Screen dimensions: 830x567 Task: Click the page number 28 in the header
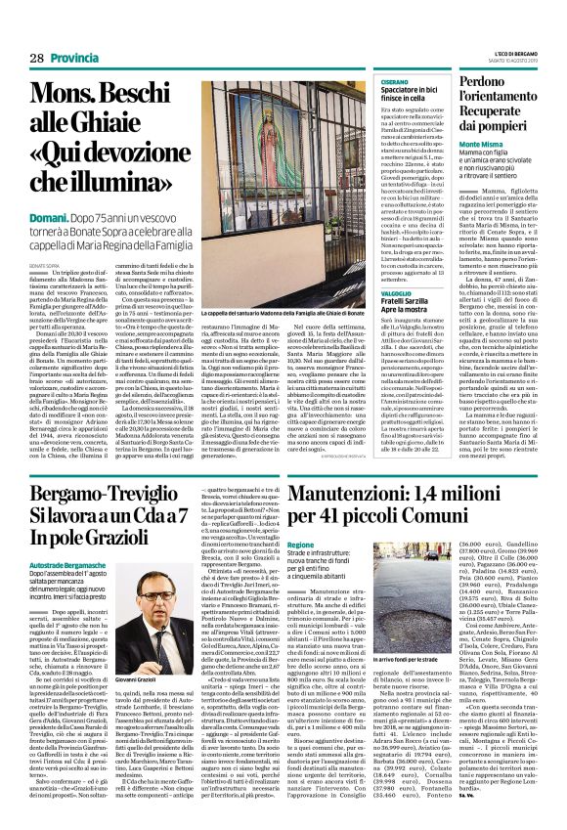pos(35,31)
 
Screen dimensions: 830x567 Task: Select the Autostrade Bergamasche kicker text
pos(78,566)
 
